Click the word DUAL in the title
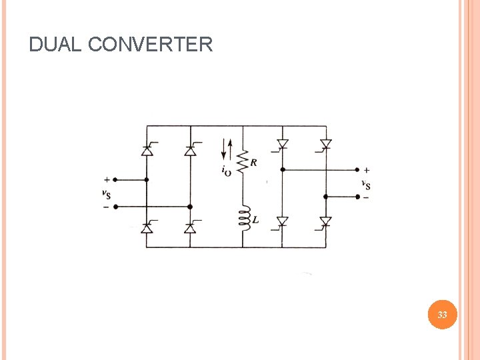(56, 45)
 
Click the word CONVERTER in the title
(150, 45)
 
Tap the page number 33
(442, 315)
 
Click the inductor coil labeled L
(244, 219)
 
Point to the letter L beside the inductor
(255, 219)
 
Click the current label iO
(227, 171)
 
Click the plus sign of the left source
(107, 179)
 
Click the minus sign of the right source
(366, 197)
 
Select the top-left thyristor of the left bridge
(147, 151)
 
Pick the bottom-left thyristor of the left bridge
(147, 228)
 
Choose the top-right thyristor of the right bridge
(325, 144)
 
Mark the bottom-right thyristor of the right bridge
(325, 221)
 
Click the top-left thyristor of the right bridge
(282, 144)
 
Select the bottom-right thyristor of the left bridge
(190, 228)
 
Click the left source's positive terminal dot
(115, 179)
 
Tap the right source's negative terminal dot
(358, 197)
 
